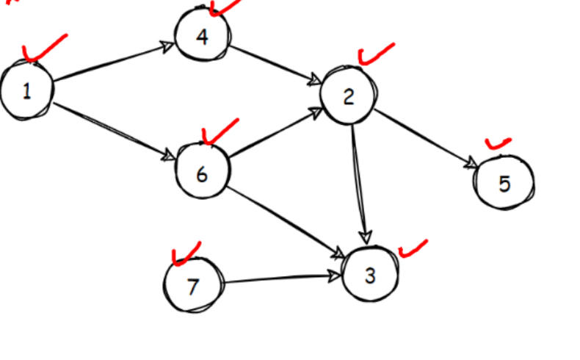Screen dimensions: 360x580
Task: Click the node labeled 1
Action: tap(27, 90)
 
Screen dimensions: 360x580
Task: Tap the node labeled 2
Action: tap(348, 96)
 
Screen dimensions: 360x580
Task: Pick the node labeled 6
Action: tap(202, 173)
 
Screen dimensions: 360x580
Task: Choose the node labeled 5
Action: tap(504, 183)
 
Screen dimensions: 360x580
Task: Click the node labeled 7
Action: tap(192, 286)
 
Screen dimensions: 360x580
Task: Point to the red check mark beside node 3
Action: tap(413, 248)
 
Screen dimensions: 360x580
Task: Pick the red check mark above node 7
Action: tap(185, 253)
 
